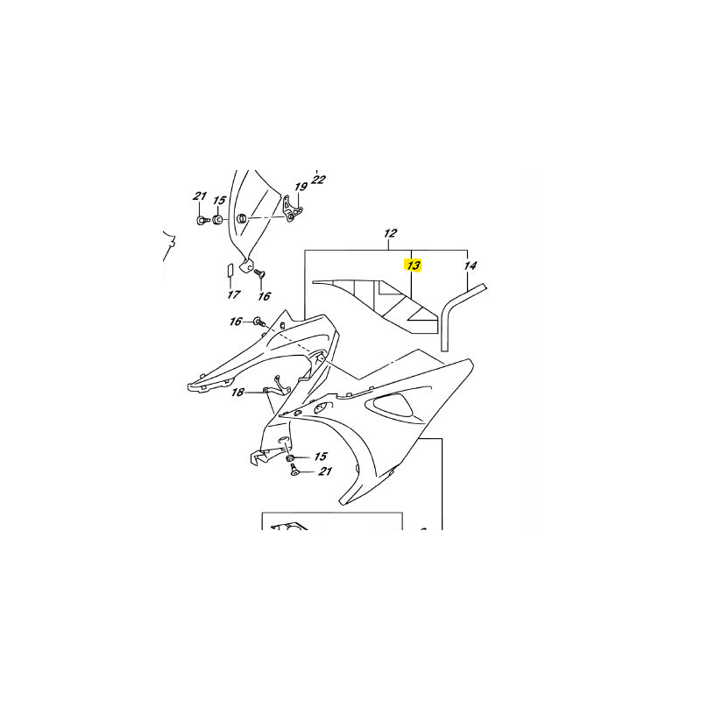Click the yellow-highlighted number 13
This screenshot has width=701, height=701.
[x=414, y=265]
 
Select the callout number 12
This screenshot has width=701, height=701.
[x=390, y=234]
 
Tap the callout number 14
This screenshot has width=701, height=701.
[x=471, y=265]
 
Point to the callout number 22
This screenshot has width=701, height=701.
[x=318, y=180]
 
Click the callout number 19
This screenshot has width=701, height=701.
[x=301, y=187]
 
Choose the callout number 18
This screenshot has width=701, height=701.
[x=237, y=393]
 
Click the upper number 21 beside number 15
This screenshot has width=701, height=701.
[x=200, y=196]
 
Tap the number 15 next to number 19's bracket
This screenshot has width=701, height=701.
[x=219, y=201]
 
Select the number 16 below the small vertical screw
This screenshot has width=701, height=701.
[x=265, y=296]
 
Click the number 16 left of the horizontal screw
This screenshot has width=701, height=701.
[x=236, y=322]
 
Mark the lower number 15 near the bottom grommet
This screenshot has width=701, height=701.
[x=320, y=457]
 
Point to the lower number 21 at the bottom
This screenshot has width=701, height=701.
[x=325, y=472]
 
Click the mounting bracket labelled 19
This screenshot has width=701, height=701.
[x=293, y=209]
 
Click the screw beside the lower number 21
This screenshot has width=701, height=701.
[x=294, y=471]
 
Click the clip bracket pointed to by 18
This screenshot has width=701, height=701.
[x=280, y=383]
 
